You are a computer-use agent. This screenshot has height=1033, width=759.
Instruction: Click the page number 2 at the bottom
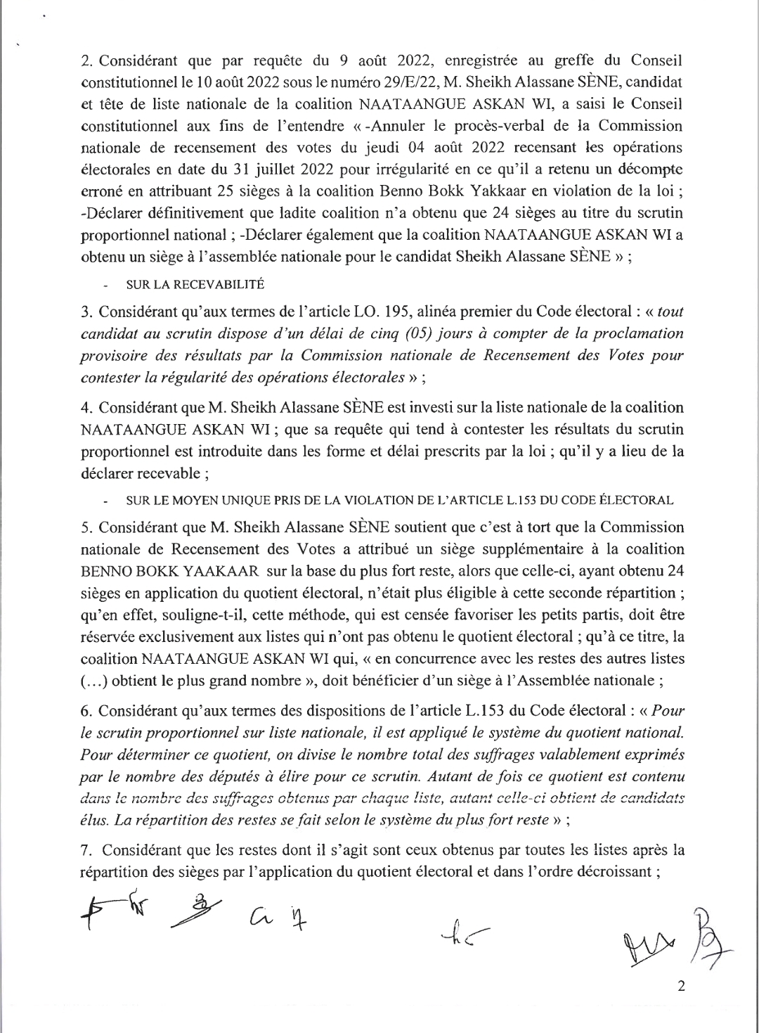[680, 986]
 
